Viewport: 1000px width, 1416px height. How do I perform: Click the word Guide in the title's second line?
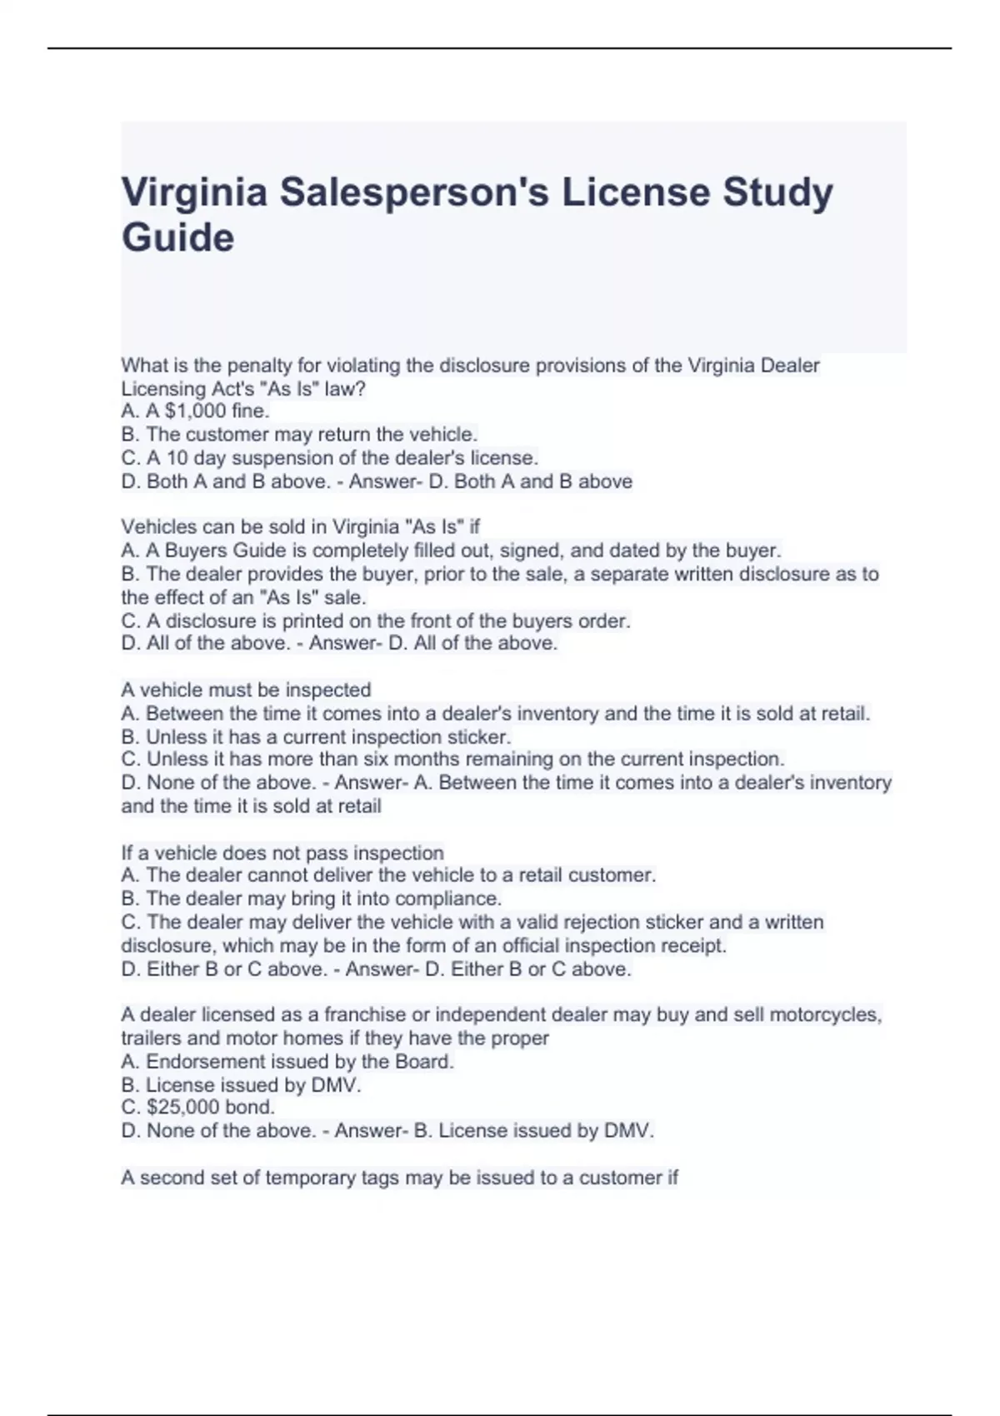(177, 237)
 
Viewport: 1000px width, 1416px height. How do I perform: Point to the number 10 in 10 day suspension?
(177, 457)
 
